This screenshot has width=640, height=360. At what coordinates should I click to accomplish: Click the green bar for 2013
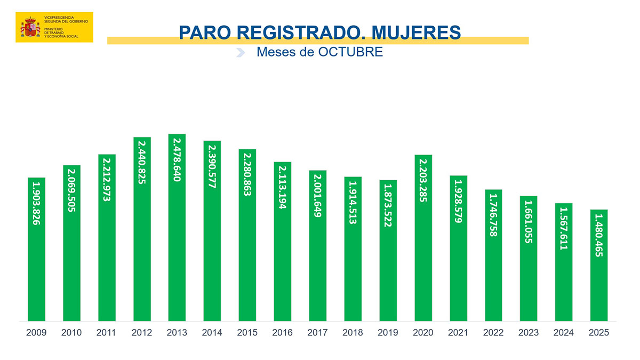(x=177, y=256)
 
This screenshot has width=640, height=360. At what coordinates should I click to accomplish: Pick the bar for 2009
(x=36, y=267)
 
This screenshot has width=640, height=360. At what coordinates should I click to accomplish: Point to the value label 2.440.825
(x=142, y=162)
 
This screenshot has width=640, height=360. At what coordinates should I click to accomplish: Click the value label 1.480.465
(x=599, y=235)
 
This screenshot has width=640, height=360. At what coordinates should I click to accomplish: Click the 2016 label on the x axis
(x=283, y=333)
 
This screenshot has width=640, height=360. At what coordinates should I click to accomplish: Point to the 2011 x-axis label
(x=107, y=333)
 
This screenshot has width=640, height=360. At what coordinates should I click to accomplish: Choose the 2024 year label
(x=564, y=333)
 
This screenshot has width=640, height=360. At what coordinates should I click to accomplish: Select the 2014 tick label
(x=212, y=333)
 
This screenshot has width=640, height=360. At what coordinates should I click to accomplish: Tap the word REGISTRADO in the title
(x=291, y=32)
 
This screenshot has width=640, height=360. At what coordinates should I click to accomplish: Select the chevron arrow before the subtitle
(x=241, y=52)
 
